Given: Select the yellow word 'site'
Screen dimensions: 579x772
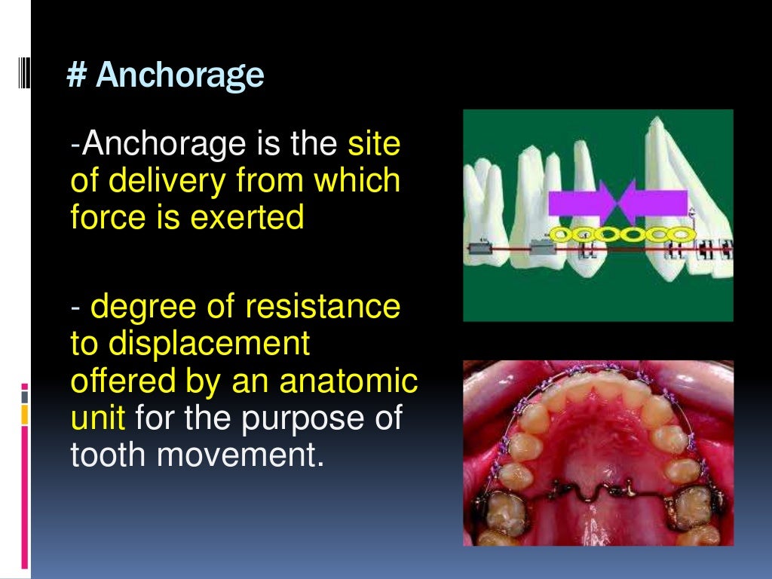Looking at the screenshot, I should point(374,145).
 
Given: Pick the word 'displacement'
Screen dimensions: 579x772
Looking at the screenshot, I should point(190,343).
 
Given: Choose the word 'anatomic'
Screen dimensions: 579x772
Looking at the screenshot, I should point(348,380).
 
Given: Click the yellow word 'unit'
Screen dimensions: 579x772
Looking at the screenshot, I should point(96,417).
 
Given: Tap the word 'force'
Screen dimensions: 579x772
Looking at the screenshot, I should point(101,217).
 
